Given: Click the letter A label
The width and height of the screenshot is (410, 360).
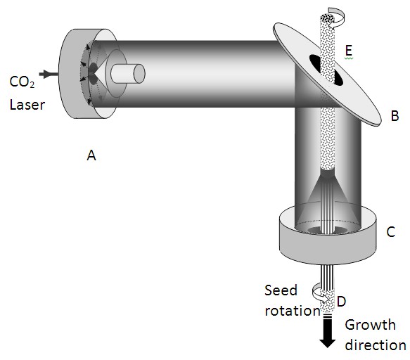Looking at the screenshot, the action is [x=91, y=155].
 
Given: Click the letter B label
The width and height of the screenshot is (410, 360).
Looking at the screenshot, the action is [x=395, y=116].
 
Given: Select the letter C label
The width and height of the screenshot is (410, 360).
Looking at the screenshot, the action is [x=390, y=232].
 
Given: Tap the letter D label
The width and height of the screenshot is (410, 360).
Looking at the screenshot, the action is [x=342, y=302].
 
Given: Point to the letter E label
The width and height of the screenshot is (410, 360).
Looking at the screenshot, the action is [x=349, y=51].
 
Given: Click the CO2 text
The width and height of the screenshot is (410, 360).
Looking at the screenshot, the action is [x=22, y=82].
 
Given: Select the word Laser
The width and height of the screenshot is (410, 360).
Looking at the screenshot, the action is [x=27, y=105].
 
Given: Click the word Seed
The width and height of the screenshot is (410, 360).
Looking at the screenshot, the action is [x=281, y=290].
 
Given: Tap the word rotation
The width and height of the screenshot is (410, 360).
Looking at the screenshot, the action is [x=293, y=311].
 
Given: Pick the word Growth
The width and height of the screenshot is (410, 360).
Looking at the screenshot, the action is [x=370, y=325].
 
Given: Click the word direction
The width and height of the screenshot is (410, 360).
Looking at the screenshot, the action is [x=376, y=345].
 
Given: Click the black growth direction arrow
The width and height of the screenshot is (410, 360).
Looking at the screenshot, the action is [x=328, y=332].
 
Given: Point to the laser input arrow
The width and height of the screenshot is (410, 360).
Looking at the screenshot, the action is [x=49, y=74].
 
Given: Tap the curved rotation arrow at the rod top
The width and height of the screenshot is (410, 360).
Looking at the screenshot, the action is [x=335, y=16].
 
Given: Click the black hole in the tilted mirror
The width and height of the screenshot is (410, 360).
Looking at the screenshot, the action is [x=326, y=70].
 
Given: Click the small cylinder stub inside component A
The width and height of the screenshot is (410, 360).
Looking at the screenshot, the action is [x=127, y=74].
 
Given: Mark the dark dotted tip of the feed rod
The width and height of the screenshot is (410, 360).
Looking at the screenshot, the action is [x=327, y=18].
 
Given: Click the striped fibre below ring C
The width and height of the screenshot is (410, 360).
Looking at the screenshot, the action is [x=327, y=276].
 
